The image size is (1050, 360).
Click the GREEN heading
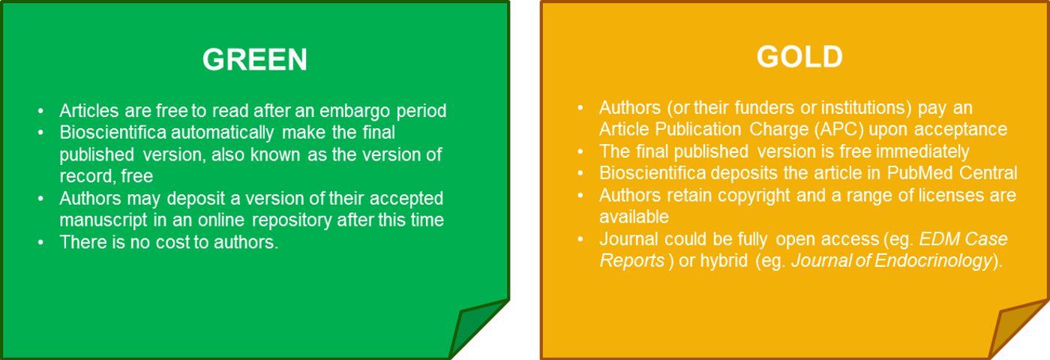click(254, 59)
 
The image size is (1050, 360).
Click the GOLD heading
click(799, 57)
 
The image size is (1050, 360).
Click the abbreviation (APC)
click(838, 130)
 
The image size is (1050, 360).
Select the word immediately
click(922, 151)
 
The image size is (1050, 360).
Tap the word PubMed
click(920, 173)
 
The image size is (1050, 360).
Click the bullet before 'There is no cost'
click(40, 242)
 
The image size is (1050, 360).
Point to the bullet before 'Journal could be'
click(580, 239)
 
